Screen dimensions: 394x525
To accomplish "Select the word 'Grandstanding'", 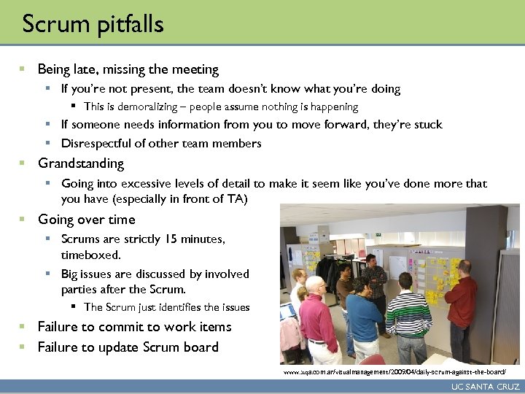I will (x=81, y=163).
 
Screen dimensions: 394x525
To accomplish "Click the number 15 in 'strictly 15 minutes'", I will (x=172, y=239).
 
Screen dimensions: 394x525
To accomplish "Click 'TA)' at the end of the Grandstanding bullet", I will (x=238, y=198).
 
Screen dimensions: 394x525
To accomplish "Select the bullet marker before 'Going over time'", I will (x=23, y=219).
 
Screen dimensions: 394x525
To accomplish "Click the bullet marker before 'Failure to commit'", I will (x=23, y=326).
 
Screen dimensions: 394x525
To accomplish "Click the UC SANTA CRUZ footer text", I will (x=485, y=387).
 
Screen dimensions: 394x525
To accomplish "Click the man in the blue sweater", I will (x=364, y=314).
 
